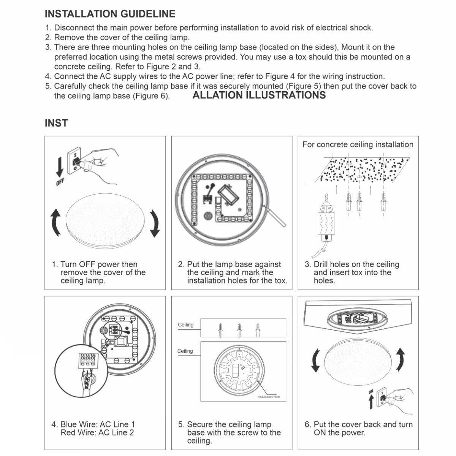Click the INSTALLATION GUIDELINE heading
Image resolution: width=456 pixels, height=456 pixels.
click(x=110, y=14)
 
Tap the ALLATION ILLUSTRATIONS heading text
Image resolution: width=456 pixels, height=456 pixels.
click(x=259, y=95)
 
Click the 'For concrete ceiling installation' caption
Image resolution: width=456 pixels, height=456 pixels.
click(x=358, y=144)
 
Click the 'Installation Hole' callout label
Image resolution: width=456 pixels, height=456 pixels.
click(x=268, y=397)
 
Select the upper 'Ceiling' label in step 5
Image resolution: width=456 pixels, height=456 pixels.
click(x=185, y=325)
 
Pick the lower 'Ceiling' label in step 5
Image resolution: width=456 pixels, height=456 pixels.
click(x=185, y=351)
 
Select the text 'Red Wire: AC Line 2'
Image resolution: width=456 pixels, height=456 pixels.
click(x=97, y=432)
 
